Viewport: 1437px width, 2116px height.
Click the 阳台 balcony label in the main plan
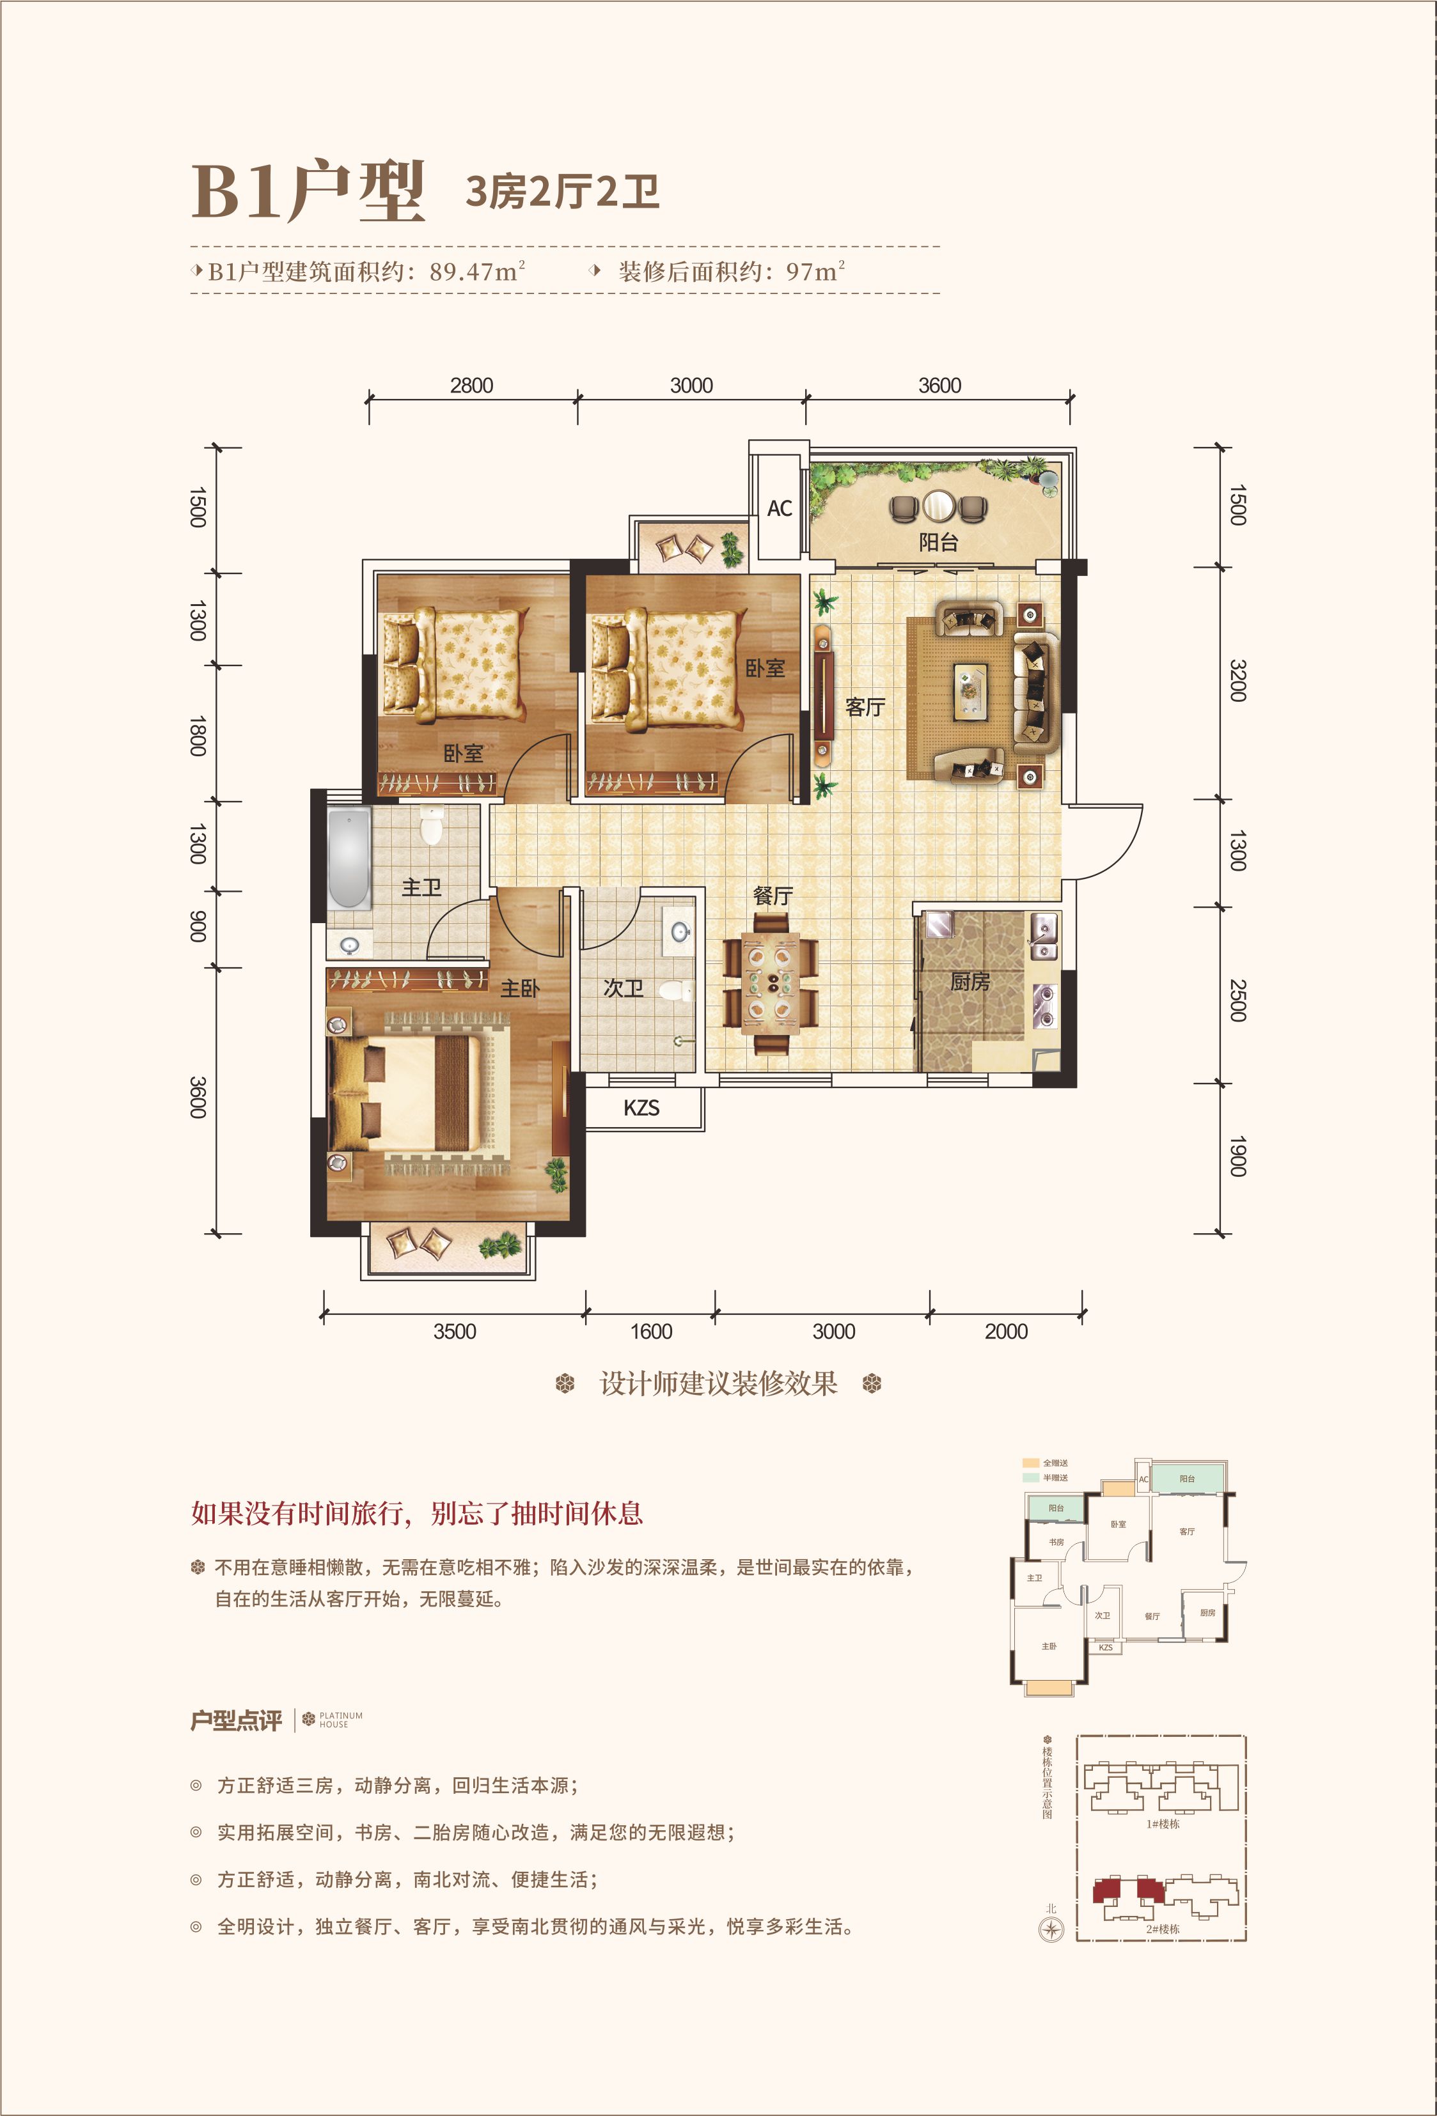tap(938, 543)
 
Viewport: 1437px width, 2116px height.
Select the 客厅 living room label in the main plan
tap(865, 706)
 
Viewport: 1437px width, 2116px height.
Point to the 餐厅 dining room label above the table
tap(773, 895)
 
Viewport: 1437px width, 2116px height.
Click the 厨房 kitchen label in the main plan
tap(970, 981)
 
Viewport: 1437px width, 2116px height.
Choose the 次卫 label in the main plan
tap(624, 988)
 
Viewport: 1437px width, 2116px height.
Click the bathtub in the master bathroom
tap(349, 858)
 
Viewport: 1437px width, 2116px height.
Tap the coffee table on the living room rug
tap(971, 691)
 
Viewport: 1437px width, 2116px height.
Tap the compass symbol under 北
tap(1051, 1929)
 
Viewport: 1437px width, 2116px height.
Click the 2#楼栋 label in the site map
tap(1162, 1929)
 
